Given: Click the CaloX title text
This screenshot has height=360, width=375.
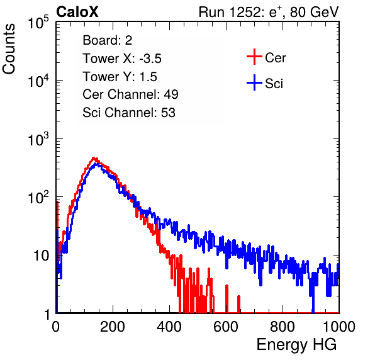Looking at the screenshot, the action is [x=77, y=12].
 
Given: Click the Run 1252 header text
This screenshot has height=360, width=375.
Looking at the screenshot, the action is [x=269, y=12].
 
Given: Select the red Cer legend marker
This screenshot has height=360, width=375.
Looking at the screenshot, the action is [x=254, y=57].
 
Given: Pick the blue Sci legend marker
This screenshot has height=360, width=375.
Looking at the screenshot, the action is [x=254, y=82].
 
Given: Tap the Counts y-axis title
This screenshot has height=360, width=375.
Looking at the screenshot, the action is [x=9, y=48].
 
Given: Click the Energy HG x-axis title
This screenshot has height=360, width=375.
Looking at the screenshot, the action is [x=296, y=345].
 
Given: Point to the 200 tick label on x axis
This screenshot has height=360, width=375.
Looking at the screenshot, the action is [x=113, y=327].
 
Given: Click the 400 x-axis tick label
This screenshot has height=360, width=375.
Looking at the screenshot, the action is [x=169, y=327].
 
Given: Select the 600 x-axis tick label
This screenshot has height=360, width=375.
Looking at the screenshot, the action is [x=226, y=327].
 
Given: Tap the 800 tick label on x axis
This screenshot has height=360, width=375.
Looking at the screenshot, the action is [x=283, y=327].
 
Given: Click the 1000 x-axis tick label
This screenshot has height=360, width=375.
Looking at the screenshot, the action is [x=339, y=327].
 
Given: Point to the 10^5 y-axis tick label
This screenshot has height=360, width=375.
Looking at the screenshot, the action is [x=38, y=22].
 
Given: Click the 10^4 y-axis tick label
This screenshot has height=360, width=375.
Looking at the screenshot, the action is [x=38, y=81].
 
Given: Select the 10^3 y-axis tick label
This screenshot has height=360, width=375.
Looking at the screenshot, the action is [x=38, y=138].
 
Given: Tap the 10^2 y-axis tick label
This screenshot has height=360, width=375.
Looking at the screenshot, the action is [x=38, y=197].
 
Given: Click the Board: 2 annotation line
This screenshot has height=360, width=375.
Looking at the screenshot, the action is [x=108, y=40].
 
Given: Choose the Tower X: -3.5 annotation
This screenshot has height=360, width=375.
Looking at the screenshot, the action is [x=122, y=59].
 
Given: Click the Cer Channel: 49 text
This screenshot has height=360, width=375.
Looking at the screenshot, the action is [x=130, y=94].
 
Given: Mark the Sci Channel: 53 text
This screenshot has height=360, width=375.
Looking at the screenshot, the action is [x=129, y=113].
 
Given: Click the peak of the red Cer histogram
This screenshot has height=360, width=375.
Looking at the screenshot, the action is [x=94, y=158].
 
